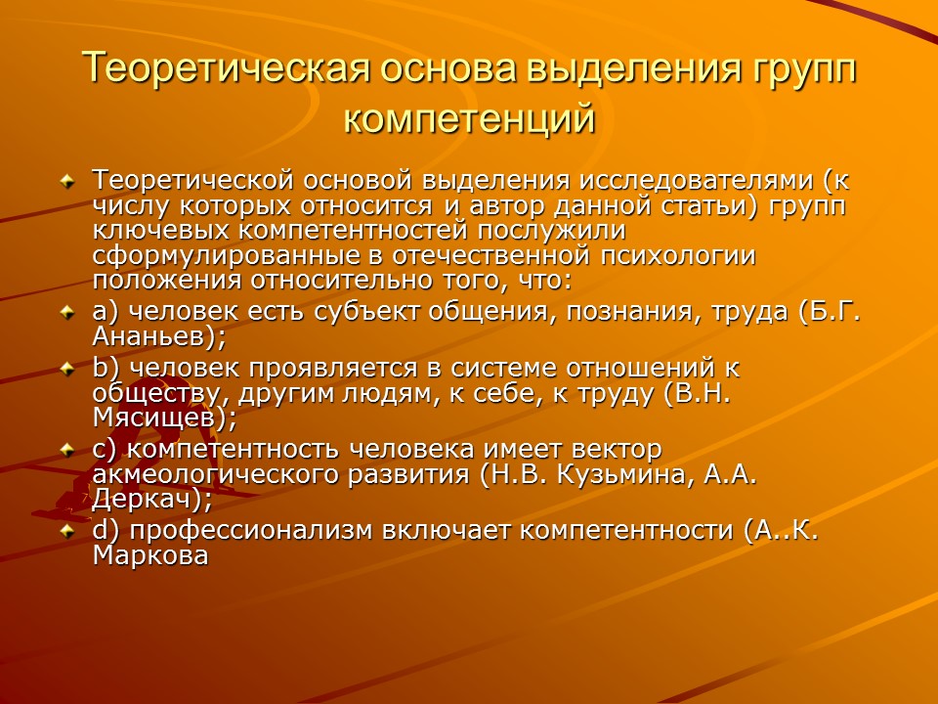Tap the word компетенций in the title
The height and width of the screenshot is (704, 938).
pyautogui.click(x=469, y=118)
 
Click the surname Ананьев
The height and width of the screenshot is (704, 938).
pyautogui.click(x=153, y=335)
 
